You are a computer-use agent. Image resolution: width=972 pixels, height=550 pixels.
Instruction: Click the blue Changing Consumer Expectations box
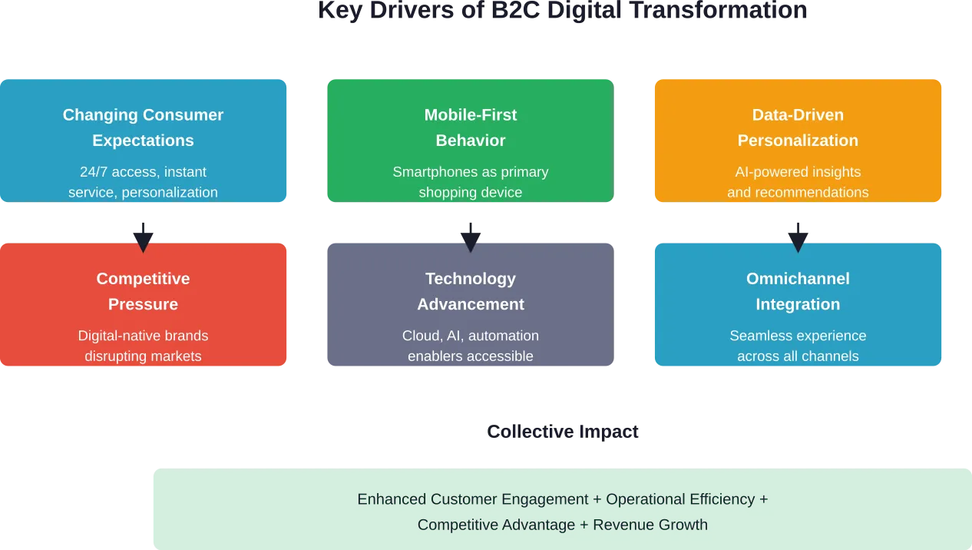click(144, 141)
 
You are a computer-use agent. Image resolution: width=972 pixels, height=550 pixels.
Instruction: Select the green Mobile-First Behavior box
click(470, 141)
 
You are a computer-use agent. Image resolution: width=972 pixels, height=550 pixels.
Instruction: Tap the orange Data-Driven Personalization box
click(798, 141)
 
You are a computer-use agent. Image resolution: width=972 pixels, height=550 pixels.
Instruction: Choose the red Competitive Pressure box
click(144, 305)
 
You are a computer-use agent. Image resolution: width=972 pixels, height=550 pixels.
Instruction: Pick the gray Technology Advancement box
click(470, 305)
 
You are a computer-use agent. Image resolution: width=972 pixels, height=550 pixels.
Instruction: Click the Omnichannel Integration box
click(798, 305)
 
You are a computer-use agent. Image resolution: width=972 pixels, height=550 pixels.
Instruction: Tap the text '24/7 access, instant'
click(144, 172)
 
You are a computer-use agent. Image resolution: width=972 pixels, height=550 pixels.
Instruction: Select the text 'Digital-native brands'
click(144, 336)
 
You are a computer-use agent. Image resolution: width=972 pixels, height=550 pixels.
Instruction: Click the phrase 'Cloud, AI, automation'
click(470, 336)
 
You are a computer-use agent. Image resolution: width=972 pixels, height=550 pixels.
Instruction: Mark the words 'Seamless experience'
click(798, 336)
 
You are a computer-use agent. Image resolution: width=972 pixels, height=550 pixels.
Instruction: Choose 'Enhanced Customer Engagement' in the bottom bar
click(473, 499)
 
